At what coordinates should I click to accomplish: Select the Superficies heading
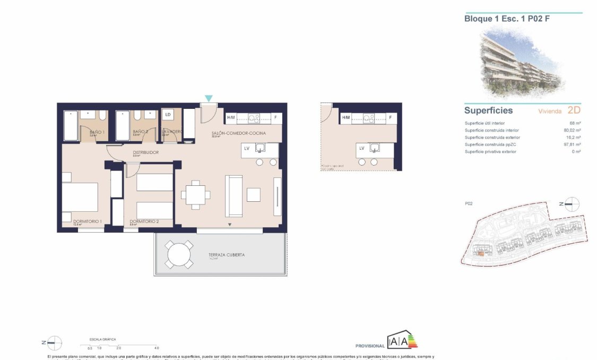click(488, 110)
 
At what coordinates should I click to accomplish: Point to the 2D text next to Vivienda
click(574, 110)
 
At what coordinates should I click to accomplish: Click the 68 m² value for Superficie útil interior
click(574, 123)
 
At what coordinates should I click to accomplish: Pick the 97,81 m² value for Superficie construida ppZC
click(572, 144)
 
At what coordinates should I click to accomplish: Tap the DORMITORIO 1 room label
click(88, 221)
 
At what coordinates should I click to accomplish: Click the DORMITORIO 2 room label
click(144, 221)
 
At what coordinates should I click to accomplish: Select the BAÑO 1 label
click(97, 132)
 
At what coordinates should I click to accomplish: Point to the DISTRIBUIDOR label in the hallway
click(145, 152)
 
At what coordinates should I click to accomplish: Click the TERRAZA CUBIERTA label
click(227, 255)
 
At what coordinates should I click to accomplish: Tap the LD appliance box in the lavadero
click(168, 115)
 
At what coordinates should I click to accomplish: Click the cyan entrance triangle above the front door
click(209, 98)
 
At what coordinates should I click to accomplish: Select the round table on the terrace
click(178, 255)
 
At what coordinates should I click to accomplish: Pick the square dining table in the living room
click(194, 195)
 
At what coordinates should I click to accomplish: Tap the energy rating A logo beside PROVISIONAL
click(403, 339)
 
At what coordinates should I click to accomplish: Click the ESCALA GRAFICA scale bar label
click(102, 339)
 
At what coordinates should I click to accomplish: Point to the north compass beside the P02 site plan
click(572, 204)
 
